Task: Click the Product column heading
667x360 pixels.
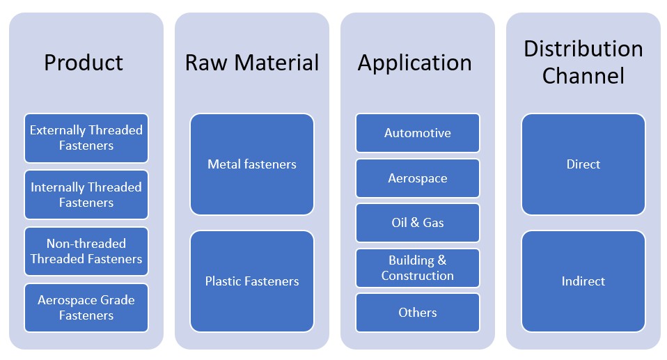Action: (x=84, y=63)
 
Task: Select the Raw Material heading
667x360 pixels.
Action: (x=251, y=63)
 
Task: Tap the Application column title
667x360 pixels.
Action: (x=415, y=63)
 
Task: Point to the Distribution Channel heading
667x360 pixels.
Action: (x=583, y=61)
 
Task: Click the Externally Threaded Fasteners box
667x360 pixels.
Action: (x=86, y=138)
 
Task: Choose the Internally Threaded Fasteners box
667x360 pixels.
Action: (x=86, y=195)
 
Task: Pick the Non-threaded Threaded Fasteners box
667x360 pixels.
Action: (x=86, y=251)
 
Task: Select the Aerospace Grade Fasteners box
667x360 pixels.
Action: (x=86, y=308)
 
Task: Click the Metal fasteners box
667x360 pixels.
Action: (x=251, y=164)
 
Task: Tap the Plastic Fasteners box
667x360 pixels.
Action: (x=251, y=281)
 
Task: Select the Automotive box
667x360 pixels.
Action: (x=417, y=133)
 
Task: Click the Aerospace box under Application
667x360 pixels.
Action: (x=417, y=178)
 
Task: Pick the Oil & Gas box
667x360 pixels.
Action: (x=417, y=223)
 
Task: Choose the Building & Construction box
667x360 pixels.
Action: (x=417, y=268)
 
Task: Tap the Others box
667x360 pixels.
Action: (x=417, y=313)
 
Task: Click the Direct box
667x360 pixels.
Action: (x=583, y=164)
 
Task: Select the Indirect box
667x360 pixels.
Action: (x=583, y=281)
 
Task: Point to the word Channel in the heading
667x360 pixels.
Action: (x=583, y=75)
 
